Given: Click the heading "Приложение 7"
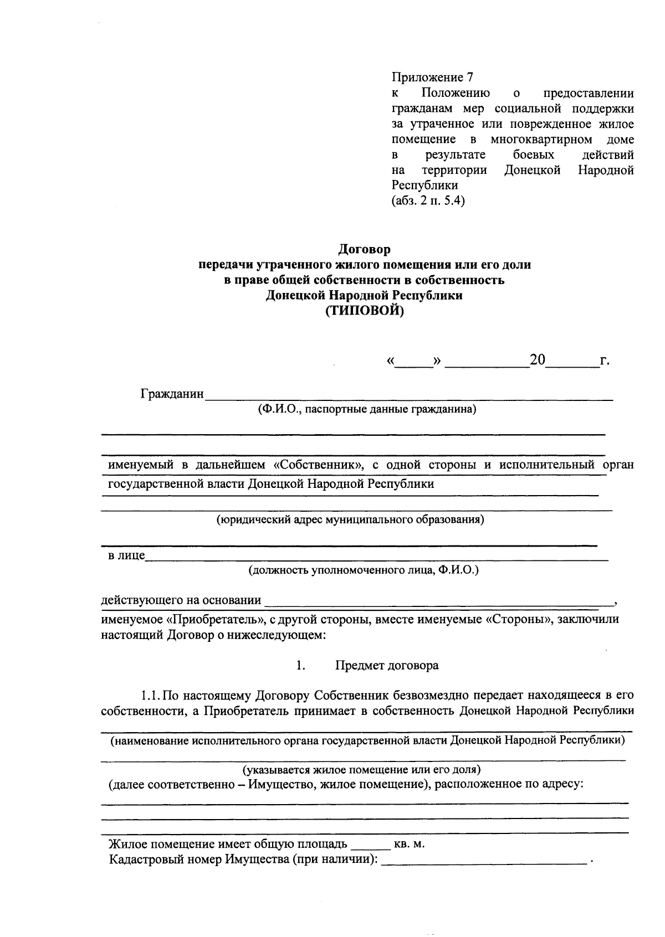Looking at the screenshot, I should pos(432,78).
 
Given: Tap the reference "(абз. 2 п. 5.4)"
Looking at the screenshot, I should pos(428,201).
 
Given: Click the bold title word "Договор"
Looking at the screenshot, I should pos(364,250).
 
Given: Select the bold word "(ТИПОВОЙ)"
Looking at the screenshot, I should pos(364,311).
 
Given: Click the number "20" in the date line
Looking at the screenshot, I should pos(537,360).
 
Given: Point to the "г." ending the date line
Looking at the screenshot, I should pos(605,361).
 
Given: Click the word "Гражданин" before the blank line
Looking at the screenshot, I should pos(172,394).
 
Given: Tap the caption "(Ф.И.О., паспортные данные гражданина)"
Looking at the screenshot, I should pos(366,410).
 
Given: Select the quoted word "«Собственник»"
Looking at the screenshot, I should pos(318,465).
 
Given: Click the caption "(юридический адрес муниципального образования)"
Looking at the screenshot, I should pos(350,519).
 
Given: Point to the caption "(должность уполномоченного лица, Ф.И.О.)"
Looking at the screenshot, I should pos(363,570).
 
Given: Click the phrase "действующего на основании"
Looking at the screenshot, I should pos(181,600).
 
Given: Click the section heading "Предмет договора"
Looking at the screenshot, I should pos(387,666).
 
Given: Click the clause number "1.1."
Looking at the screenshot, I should pos(151,695).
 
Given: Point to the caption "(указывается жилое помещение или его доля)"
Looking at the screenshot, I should pos(361,770).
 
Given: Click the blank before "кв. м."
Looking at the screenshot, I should pos(370,845).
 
